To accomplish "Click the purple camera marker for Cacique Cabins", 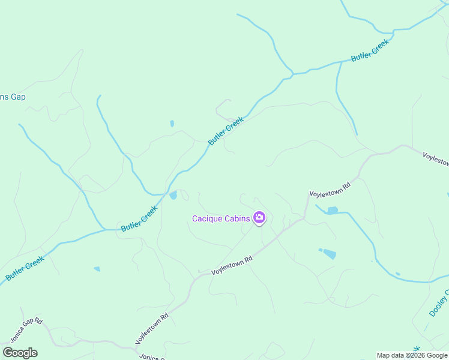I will pyautogui.click(x=259, y=218).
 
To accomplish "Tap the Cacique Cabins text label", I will pyautogui.click(x=220, y=218).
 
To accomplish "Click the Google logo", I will pyautogui.click(x=20, y=353).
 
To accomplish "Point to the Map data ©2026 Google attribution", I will pyautogui.click(x=412, y=355).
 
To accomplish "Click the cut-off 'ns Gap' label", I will pyautogui.click(x=12, y=97).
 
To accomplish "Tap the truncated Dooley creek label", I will pyautogui.click(x=439, y=304).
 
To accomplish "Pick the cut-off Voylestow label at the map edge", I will pyautogui.click(x=435, y=159).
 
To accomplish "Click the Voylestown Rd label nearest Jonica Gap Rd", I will pyautogui.click(x=151, y=328).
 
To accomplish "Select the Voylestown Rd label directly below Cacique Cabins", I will pyautogui.click(x=232, y=265).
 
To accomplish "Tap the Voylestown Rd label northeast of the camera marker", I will pyautogui.click(x=329, y=190).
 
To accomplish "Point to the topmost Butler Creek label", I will pyautogui.click(x=370, y=49).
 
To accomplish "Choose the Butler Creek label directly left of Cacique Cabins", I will pyautogui.click(x=139, y=219).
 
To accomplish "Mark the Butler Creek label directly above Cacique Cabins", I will pyautogui.click(x=226, y=131).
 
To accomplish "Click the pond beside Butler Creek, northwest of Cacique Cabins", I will pyautogui.click(x=173, y=195).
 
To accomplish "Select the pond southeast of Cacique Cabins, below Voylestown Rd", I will pyautogui.click(x=328, y=254).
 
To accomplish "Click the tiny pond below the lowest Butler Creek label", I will pyautogui.click(x=97, y=269).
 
